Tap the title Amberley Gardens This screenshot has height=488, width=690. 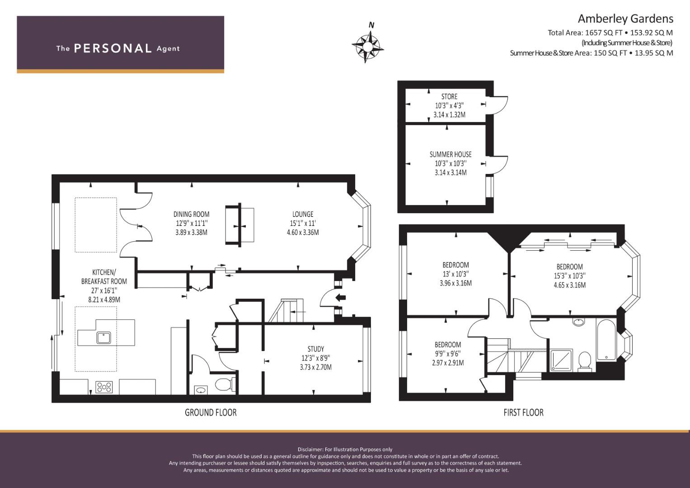click(625, 19)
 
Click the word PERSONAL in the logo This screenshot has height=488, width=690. click(113, 48)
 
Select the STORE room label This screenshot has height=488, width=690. click(449, 96)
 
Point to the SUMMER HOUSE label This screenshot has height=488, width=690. click(451, 155)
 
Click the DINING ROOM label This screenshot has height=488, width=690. click(191, 214)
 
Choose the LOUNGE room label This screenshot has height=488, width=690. click(303, 214)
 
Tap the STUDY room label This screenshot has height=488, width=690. click(316, 349)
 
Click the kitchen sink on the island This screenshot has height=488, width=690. click(104, 338)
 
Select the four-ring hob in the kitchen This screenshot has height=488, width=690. click(104, 387)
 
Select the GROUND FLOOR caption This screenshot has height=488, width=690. click(211, 413)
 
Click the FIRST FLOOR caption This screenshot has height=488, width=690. click(523, 413)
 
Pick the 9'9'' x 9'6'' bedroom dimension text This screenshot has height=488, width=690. click(448, 354)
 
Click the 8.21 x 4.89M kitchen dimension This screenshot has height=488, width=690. click(104, 300)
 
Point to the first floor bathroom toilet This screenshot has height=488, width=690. click(584, 361)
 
